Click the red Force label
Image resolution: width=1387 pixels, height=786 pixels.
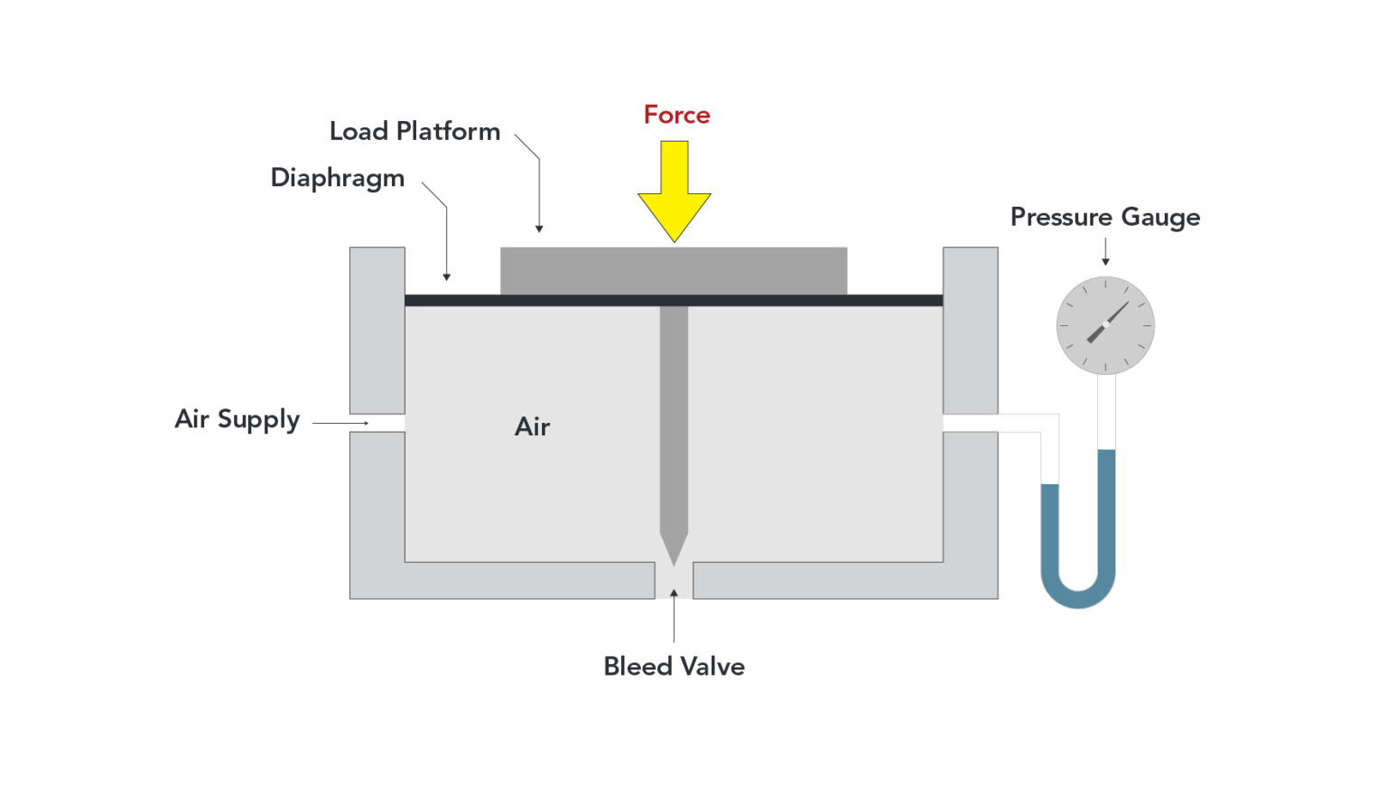click(x=676, y=115)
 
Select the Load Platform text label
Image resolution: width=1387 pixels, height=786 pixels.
click(x=414, y=132)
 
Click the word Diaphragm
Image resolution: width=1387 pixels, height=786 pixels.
click(x=337, y=178)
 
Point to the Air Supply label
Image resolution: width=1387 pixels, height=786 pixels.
click(x=237, y=420)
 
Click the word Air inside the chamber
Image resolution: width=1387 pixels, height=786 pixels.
click(x=532, y=426)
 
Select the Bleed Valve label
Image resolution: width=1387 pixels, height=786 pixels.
click(x=674, y=667)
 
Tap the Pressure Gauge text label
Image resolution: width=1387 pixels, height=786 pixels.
click(x=1104, y=218)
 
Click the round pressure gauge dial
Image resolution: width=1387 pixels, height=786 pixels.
click(x=1105, y=325)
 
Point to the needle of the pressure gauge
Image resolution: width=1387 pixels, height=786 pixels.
click(x=1109, y=322)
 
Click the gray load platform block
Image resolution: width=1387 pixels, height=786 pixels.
click(x=674, y=270)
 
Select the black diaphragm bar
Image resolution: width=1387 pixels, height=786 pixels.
click(x=542, y=300)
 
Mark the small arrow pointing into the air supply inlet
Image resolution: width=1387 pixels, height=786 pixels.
click(x=363, y=423)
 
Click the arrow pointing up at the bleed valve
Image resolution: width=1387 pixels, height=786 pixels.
click(x=674, y=595)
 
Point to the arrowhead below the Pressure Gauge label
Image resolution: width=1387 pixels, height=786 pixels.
click(x=1105, y=261)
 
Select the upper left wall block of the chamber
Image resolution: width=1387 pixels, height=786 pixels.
click(x=377, y=330)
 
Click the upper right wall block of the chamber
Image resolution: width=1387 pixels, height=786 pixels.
click(x=970, y=330)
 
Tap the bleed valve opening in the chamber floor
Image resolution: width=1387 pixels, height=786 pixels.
click(x=674, y=580)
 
